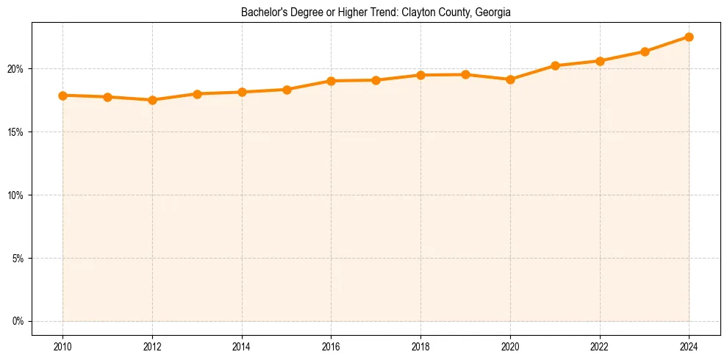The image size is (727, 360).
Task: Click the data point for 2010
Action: (x=62, y=96)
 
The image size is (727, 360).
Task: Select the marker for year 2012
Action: (x=152, y=100)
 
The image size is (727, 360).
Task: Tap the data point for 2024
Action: (x=689, y=37)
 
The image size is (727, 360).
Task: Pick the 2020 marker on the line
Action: (x=510, y=79)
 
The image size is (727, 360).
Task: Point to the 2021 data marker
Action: (x=555, y=65)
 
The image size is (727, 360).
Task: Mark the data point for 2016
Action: (x=331, y=81)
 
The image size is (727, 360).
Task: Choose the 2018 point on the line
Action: (x=420, y=75)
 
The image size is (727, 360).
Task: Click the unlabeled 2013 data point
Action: (x=197, y=94)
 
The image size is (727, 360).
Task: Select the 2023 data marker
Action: (x=645, y=51)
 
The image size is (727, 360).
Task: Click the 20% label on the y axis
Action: (x=15, y=69)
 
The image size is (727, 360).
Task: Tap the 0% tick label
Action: (x=18, y=321)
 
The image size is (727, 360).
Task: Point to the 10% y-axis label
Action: (x=15, y=195)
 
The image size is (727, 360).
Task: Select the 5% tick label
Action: (x=18, y=259)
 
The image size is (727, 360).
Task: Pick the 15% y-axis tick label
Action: (x=15, y=132)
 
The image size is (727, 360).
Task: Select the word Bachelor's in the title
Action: (x=262, y=12)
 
